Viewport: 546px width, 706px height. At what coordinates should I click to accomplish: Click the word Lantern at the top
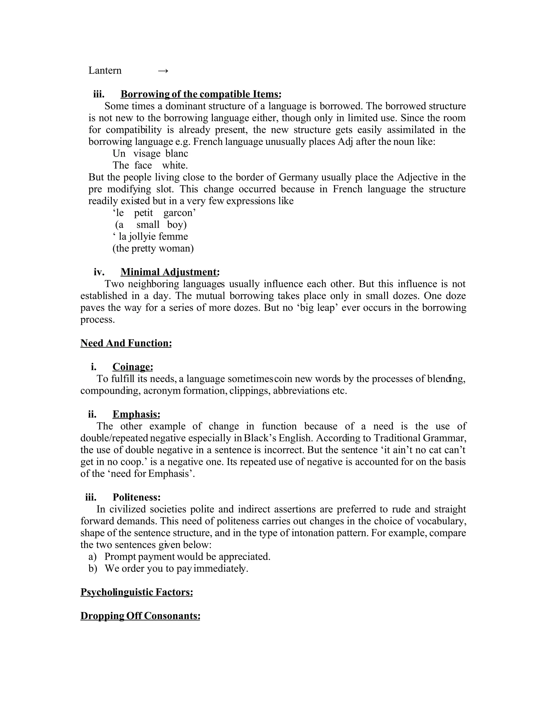pyautogui.click(x=105, y=71)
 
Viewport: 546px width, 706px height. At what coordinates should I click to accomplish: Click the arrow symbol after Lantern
pyautogui.click(x=163, y=71)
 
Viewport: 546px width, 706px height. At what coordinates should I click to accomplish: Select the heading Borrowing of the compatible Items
pyautogui.click(x=200, y=94)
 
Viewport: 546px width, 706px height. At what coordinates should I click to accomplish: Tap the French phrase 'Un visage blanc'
pyautogui.click(x=150, y=153)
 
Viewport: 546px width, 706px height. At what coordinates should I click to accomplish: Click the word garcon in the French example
pyautogui.click(x=179, y=213)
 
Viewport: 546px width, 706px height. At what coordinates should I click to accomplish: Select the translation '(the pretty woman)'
pyautogui.click(x=153, y=248)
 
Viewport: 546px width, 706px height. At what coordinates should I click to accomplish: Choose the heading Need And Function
pyautogui.click(x=126, y=343)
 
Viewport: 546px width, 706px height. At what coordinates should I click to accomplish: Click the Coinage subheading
pyautogui.click(x=133, y=367)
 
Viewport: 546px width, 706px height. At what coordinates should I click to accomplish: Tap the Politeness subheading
pyautogui.click(x=136, y=497)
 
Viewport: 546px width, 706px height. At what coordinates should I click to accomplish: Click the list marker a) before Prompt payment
pyautogui.click(x=93, y=556)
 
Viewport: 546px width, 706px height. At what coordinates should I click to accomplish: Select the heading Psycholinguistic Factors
pyautogui.click(x=136, y=592)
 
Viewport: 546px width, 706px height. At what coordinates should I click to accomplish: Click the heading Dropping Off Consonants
pyautogui.click(x=140, y=616)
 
